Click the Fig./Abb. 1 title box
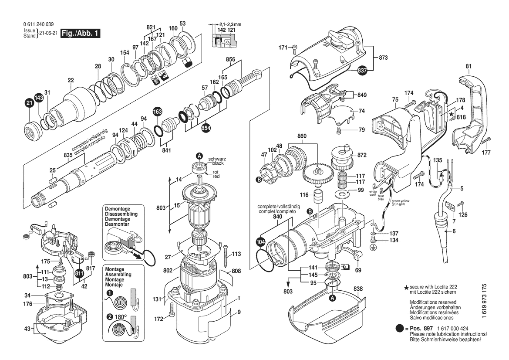(80, 33)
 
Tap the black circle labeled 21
(30, 103)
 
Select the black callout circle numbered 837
(362, 70)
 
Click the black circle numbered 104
(261, 242)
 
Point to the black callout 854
(206, 128)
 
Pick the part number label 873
(383, 58)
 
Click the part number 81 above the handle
(468, 66)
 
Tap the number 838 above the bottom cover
(358, 289)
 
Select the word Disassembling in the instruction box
(121, 214)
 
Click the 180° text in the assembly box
(121, 317)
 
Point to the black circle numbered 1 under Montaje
(110, 293)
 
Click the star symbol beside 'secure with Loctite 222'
(406, 288)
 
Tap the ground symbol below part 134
(373, 247)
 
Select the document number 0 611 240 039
(39, 24)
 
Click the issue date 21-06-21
(49, 33)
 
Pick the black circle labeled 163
(158, 112)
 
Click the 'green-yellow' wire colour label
(400, 201)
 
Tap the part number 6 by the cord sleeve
(454, 231)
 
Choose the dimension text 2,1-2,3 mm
(230, 24)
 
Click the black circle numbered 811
(79, 273)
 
